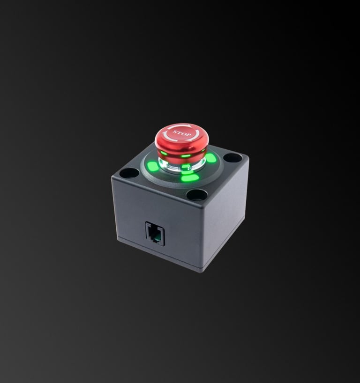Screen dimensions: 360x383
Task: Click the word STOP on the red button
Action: (x=182, y=134)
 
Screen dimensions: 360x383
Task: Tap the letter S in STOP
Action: (x=175, y=132)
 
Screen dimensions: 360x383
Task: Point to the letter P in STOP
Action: (x=189, y=135)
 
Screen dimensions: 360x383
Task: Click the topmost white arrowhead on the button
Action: (x=189, y=126)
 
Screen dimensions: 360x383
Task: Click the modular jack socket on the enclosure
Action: (x=155, y=234)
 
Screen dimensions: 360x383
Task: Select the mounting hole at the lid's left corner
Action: (x=129, y=173)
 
